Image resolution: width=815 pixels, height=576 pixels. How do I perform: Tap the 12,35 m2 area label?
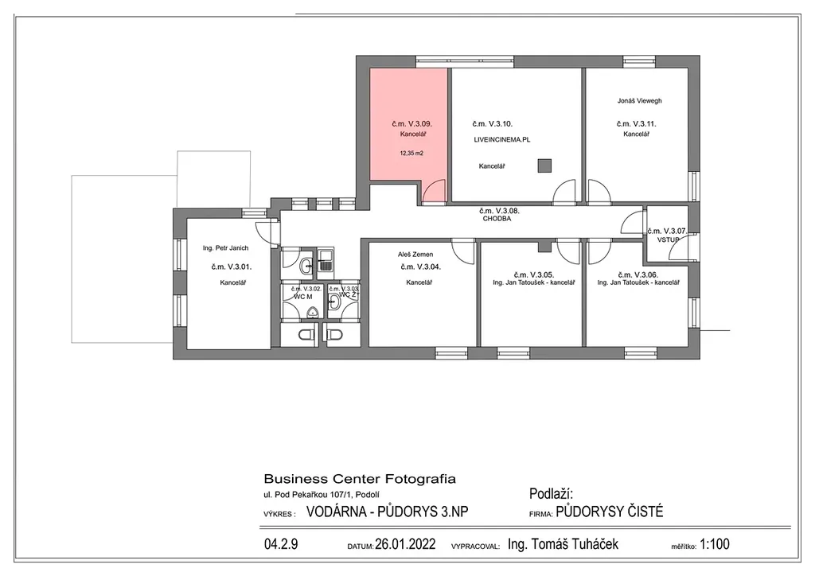pyautogui.click(x=411, y=154)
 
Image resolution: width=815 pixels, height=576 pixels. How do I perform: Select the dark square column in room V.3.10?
pyautogui.click(x=544, y=165)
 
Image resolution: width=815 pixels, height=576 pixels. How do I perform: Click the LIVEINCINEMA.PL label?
pyautogui.click(x=502, y=140)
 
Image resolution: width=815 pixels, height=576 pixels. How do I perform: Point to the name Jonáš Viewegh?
pyautogui.click(x=639, y=101)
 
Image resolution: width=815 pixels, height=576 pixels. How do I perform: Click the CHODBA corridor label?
pyautogui.click(x=497, y=219)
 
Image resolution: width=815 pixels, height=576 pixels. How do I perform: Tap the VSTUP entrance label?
pyautogui.click(x=668, y=240)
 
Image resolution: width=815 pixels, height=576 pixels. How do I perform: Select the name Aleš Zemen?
pyautogui.click(x=415, y=255)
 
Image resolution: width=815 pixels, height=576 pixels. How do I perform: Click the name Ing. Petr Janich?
pyautogui.click(x=225, y=248)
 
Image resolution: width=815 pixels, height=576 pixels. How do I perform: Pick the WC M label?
pyautogui.click(x=303, y=297)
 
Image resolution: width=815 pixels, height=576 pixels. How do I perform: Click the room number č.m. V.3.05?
pyautogui.click(x=534, y=274)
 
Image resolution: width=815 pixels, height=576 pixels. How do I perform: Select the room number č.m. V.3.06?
pyautogui.click(x=638, y=274)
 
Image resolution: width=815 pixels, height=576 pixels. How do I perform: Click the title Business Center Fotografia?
pyautogui.click(x=360, y=479)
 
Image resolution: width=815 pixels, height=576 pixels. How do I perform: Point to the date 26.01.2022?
pyautogui.click(x=405, y=544)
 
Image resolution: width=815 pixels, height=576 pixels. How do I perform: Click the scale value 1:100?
pyautogui.click(x=715, y=544)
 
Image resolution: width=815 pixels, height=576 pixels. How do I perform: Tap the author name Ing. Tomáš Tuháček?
pyautogui.click(x=563, y=544)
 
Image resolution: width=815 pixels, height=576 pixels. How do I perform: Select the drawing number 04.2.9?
pyautogui.click(x=281, y=544)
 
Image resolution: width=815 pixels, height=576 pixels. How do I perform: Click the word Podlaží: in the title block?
pyautogui.click(x=551, y=494)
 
